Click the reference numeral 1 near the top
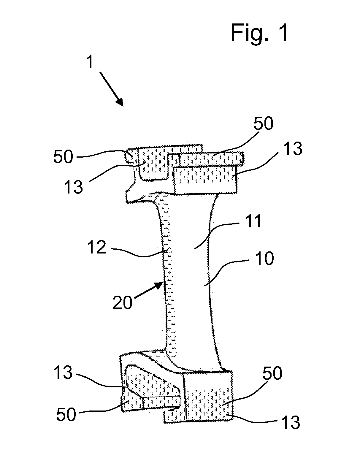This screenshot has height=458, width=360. (90, 62)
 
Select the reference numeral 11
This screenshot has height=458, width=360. (253, 221)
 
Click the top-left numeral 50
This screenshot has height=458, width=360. (63, 157)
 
